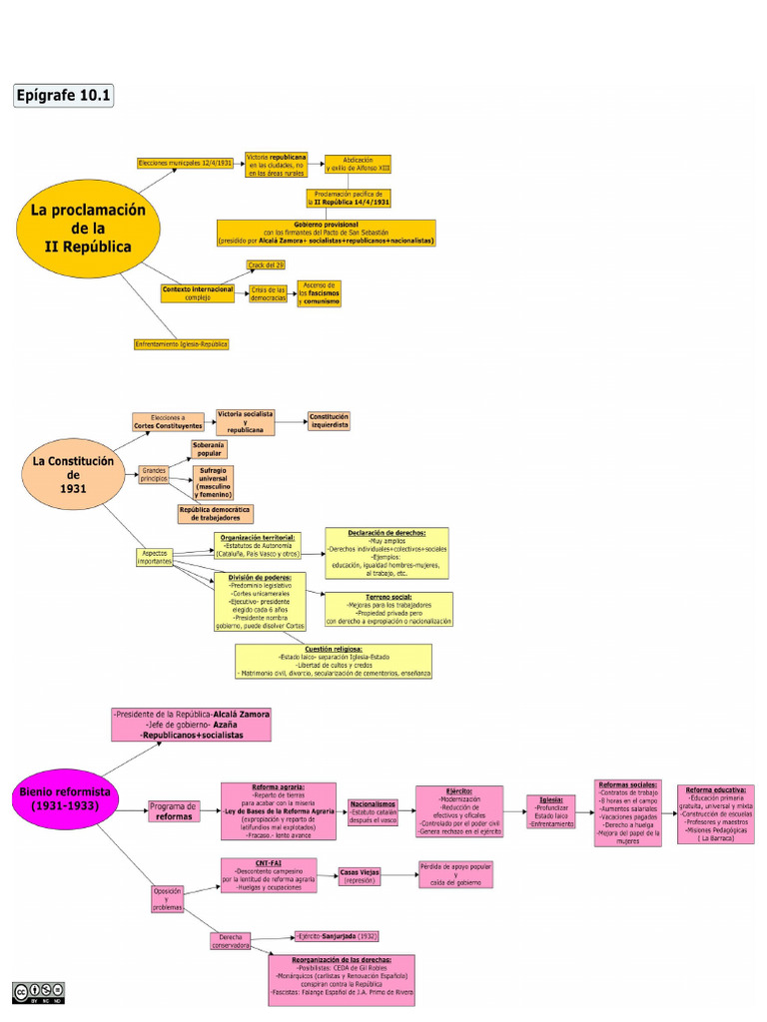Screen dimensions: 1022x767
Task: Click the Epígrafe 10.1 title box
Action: click(x=64, y=96)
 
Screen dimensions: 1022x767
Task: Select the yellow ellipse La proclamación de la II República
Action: click(x=88, y=229)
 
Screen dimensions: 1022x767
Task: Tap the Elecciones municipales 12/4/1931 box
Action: click(x=185, y=163)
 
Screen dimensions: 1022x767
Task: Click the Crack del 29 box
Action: click(x=267, y=265)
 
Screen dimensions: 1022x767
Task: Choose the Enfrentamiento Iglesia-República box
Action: click(x=182, y=344)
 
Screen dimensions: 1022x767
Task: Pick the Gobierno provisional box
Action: click(x=327, y=233)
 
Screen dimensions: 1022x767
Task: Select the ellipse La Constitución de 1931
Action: click(x=74, y=475)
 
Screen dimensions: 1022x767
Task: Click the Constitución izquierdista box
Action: click(x=329, y=421)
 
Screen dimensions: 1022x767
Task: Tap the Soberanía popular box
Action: click(x=209, y=449)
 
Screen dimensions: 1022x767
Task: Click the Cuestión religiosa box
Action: click(x=334, y=661)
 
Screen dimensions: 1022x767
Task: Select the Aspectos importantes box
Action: click(x=155, y=556)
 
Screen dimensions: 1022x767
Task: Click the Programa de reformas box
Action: click(x=174, y=811)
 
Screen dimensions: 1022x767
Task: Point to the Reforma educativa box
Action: click(x=715, y=813)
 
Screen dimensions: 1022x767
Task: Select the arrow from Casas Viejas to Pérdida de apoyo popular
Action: click(x=401, y=876)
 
